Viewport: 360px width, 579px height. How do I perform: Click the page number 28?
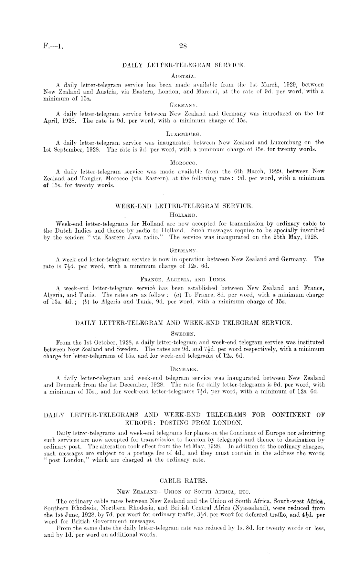pyautogui.click(x=183, y=46)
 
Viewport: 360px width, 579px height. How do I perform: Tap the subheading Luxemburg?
pyautogui.click(x=183, y=133)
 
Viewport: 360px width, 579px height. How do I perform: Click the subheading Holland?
pyautogui.click(x=183, y=215)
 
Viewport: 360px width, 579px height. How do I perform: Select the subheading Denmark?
pyautogui.click(x=184, y=369)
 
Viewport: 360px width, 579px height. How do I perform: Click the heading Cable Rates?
pyautogui.click(x=183, y=481)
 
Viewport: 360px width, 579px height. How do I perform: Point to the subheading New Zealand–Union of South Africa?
pyautogui.click(x=183, y=492)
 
